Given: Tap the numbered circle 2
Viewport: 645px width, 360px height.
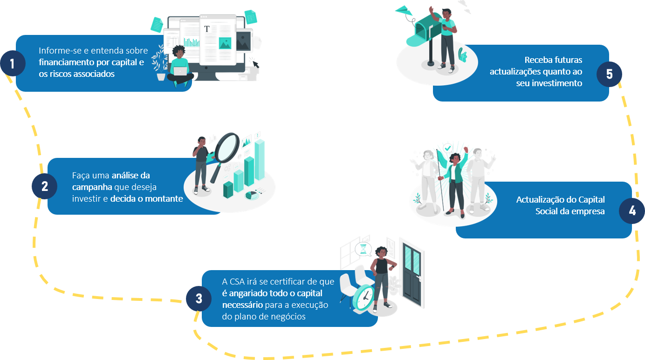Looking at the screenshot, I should (x=44, y=186).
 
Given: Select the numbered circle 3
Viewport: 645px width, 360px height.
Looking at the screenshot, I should (x=199, y=299).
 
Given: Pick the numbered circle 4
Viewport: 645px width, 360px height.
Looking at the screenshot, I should (x=631, y=211).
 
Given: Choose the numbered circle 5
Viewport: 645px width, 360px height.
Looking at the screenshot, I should (x=609, y=74).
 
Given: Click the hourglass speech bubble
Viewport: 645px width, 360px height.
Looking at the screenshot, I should (x=364, y=249).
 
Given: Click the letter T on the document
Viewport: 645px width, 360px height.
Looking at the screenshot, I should (x=207, y=29).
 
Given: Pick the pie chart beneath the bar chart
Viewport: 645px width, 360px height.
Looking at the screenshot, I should (x=252, y=195).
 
